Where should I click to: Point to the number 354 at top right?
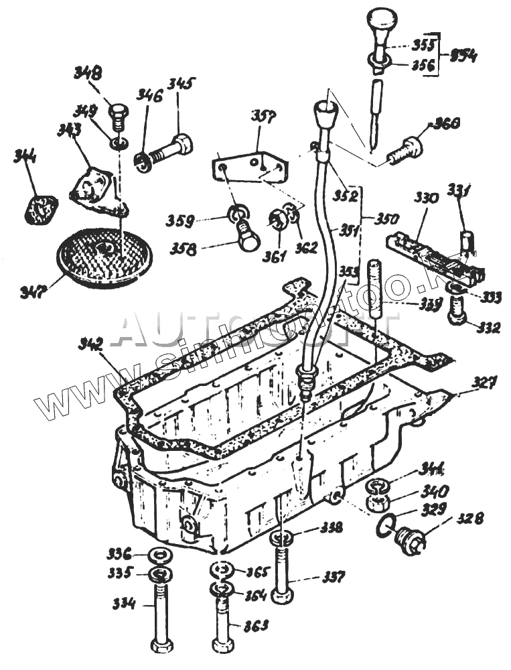tap(462, 56)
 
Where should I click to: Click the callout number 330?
tap(426, 198)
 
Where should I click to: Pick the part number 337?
tap(332, 576)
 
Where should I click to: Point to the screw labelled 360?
tap(405, 147)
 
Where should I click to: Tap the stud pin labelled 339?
tap(374, 289)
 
